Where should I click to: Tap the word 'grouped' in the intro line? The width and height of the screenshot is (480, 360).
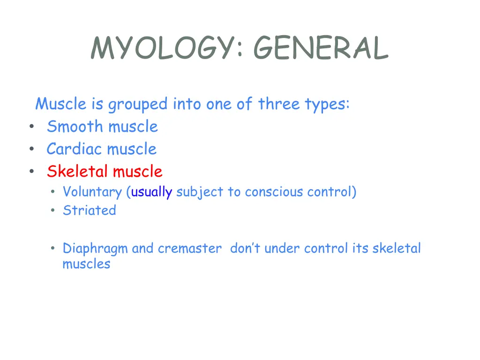(x=137, y=104)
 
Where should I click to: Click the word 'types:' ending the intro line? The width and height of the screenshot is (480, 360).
(x=327, y=104)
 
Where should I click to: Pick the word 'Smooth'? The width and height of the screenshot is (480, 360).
(x=76, y=127)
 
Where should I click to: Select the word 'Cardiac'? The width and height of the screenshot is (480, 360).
(x=75, y=149)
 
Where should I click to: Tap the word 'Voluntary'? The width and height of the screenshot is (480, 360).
(x=92, y=192)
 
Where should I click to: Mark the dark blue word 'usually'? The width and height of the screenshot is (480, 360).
(x=151, y=192)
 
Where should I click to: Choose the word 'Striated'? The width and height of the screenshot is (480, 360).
(x=89, y=210)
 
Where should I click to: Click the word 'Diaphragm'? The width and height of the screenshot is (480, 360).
(x=95, y=248)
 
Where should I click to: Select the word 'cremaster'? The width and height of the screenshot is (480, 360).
(x=189, y=248)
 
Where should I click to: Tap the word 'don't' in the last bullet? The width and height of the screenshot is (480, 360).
(x=245, y=248)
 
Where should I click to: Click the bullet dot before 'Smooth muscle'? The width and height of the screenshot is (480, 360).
(x=31, y=127)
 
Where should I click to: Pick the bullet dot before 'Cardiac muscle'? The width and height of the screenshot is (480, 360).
(x=31, y=150)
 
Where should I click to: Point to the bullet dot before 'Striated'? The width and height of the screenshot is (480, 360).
(x=53, y=211)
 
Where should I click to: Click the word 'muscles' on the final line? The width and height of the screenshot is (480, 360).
(x=86, y=264)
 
